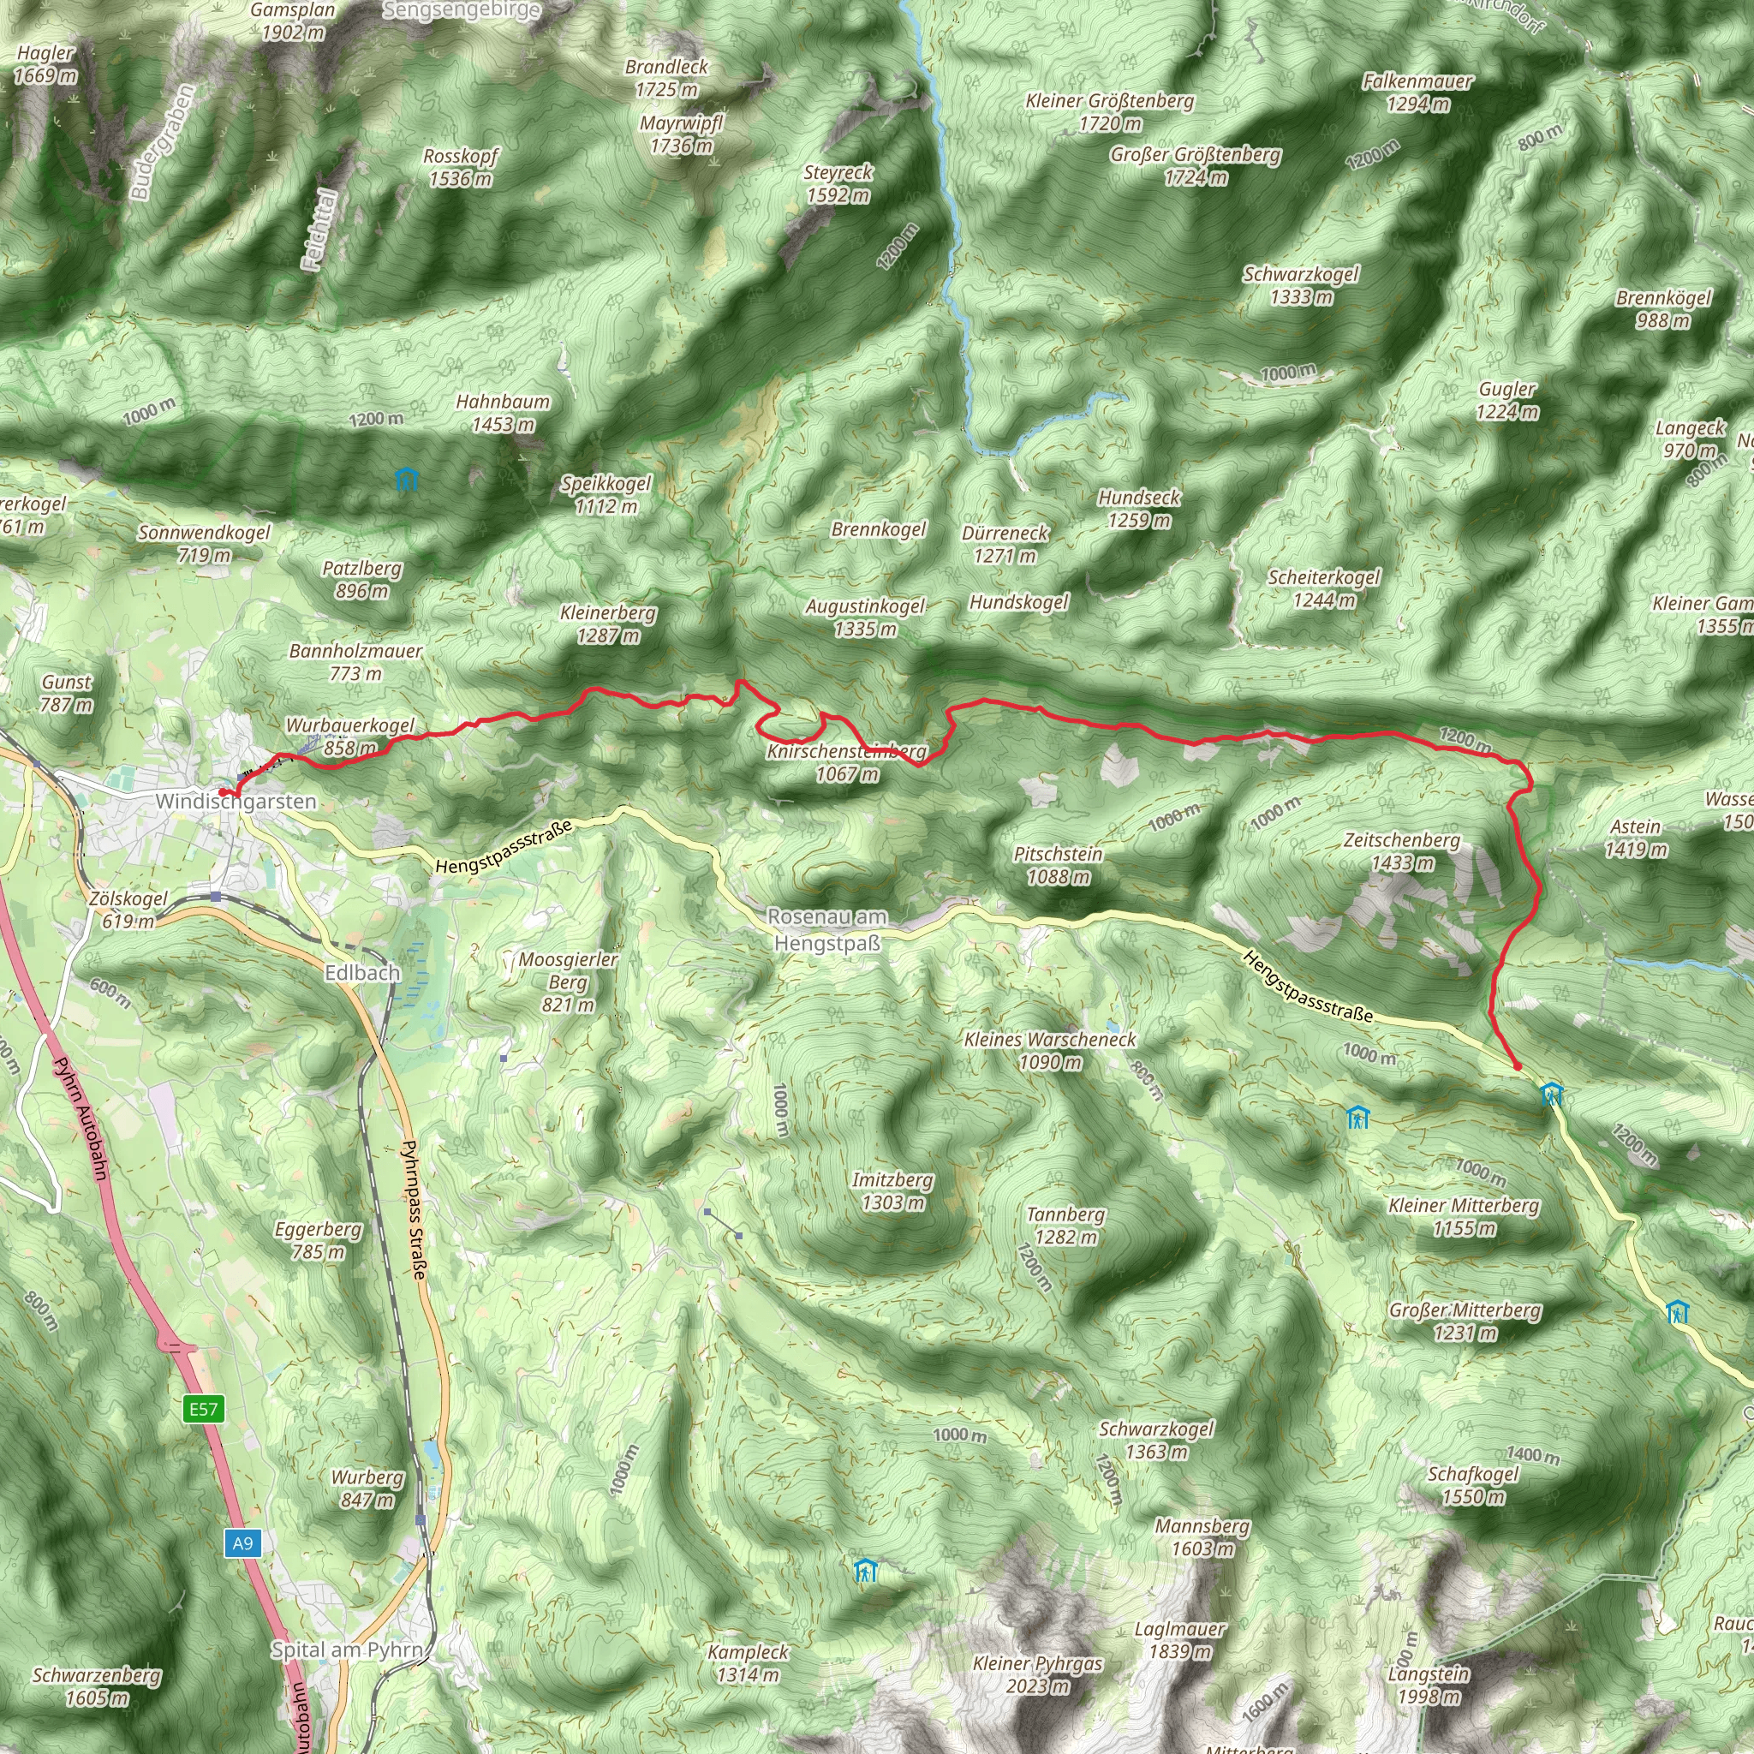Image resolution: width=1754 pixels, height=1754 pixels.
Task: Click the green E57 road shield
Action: point(203,1408)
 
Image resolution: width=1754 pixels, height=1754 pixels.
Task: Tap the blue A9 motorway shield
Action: point(242,1542)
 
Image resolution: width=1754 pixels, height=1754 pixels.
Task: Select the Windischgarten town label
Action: point(236,801)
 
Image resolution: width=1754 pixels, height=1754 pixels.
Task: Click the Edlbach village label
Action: point(362,972)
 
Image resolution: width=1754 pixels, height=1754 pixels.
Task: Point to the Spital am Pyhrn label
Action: point(348,1650)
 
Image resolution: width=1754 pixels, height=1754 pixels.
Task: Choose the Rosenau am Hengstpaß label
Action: point(827,929)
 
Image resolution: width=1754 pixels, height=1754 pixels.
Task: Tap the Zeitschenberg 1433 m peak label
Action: point(1402,850)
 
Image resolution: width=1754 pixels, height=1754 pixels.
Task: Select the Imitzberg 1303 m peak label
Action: point(892,1191)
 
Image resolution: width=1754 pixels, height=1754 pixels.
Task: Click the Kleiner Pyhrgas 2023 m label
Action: point(1038,1674)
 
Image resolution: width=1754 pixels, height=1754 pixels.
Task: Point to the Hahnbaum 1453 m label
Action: point(503,412)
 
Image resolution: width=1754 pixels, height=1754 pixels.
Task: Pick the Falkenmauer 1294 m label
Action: point(1417,92)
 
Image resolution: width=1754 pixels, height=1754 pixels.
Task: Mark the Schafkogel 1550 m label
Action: point(1472,1484)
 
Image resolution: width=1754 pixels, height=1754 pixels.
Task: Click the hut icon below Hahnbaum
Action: point(407,479)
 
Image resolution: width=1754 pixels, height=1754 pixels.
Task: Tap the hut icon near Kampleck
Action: point(865,1570)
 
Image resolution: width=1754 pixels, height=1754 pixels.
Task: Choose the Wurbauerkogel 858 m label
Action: point(349,737)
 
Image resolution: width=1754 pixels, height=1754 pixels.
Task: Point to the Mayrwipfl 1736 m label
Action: point(681,134)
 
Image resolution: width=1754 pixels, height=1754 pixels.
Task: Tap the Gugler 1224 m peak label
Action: point(1507,399)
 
